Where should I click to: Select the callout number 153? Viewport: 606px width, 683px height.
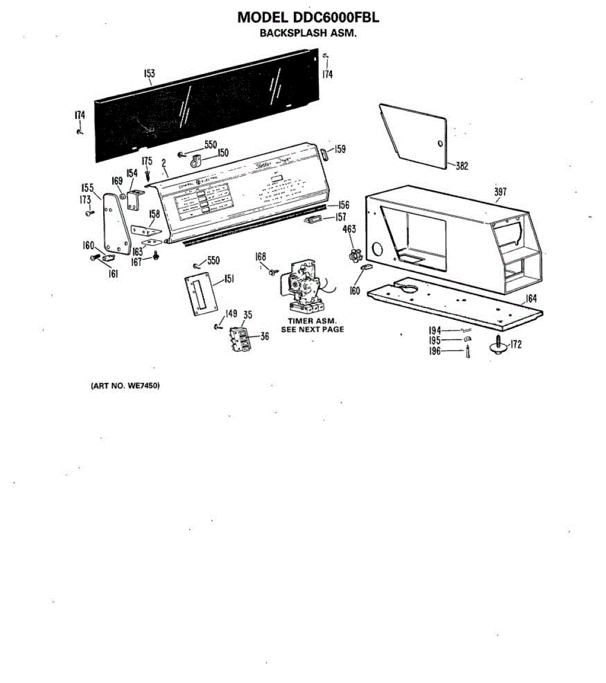pos(149,73)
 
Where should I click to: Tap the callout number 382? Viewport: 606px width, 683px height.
pos(461,166)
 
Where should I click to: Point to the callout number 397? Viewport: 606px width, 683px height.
pos(499,192)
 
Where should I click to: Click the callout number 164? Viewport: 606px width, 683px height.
pos(531,298)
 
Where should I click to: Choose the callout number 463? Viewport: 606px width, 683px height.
pos(349,229)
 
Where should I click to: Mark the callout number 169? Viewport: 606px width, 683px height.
pos(117,180)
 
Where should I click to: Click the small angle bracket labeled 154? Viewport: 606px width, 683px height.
pos(136,199)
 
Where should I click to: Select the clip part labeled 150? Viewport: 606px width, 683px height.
pos(196,162)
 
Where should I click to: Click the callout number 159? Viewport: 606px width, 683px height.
pos(340,149)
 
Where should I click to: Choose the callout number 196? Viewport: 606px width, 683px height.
pos(435,351)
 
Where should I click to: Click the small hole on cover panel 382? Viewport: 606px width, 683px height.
pos(440,143)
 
